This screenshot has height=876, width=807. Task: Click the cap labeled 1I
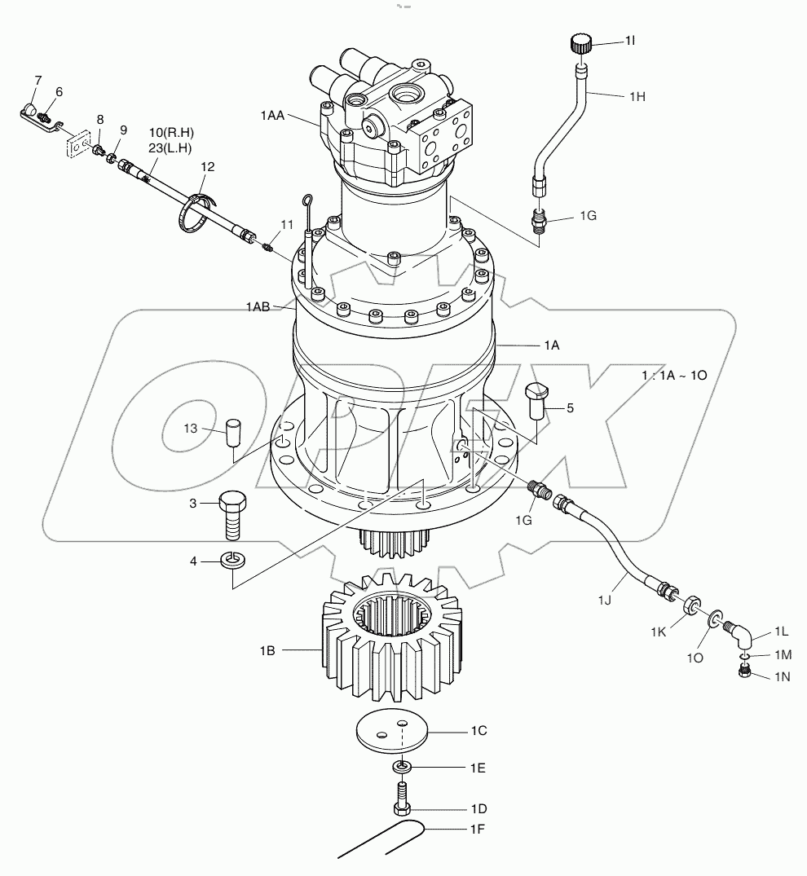click(580, 42)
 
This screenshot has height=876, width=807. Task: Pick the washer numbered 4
click(234, 560)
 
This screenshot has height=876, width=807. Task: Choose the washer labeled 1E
click(402, 768)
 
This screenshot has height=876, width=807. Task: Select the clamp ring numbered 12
click(197, 210)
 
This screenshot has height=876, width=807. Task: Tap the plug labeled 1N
click(743, 671)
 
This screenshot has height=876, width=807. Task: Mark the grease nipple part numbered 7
click(30, 110)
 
